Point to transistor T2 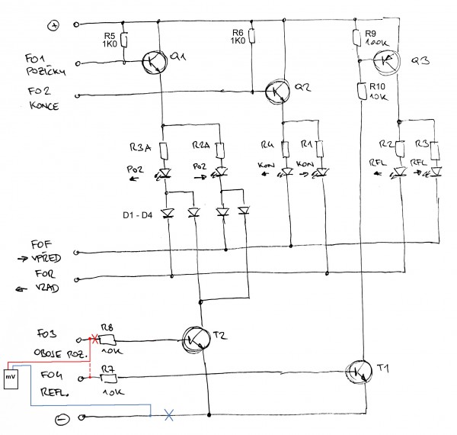197,335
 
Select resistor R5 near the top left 124,38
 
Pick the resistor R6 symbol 251,37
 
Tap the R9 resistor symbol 356,37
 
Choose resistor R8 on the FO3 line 107,339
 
